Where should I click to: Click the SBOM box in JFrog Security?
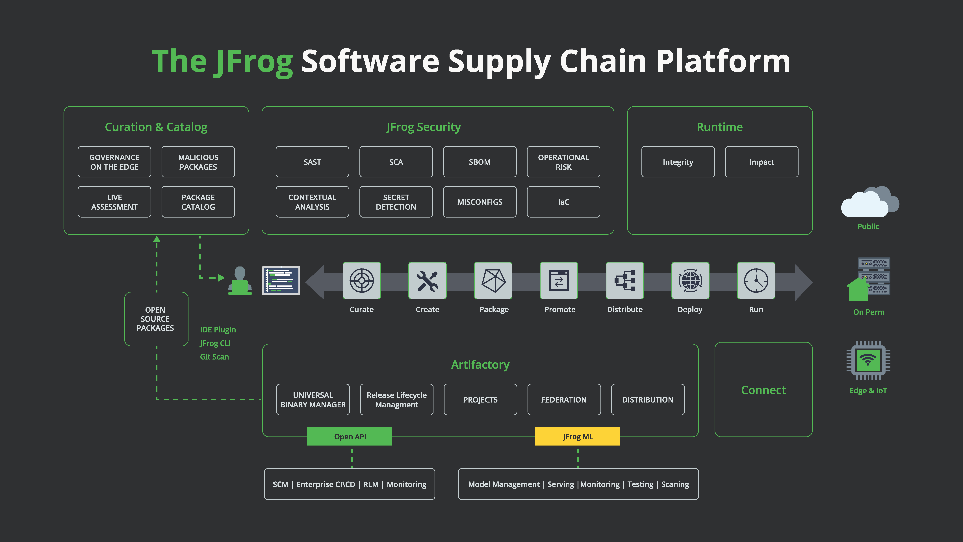tap(480, 162)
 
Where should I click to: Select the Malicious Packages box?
tap(198, 162)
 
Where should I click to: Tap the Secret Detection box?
tap(396, 202)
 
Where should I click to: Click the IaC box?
tap(563, 202)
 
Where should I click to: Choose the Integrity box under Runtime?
tap(678, 162)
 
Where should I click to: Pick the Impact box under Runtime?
tap(762, 162)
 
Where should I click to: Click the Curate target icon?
tap(361, 281)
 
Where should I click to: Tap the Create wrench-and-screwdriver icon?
tap(427, 281)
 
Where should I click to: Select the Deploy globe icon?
tap(690, 281)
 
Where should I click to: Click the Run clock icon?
tap(756, 281)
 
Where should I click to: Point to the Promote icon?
tap(559, 281)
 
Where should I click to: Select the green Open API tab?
tap(350, 436)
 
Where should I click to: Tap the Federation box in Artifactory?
tap(564, 399)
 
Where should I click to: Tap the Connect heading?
tap(763, 390)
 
